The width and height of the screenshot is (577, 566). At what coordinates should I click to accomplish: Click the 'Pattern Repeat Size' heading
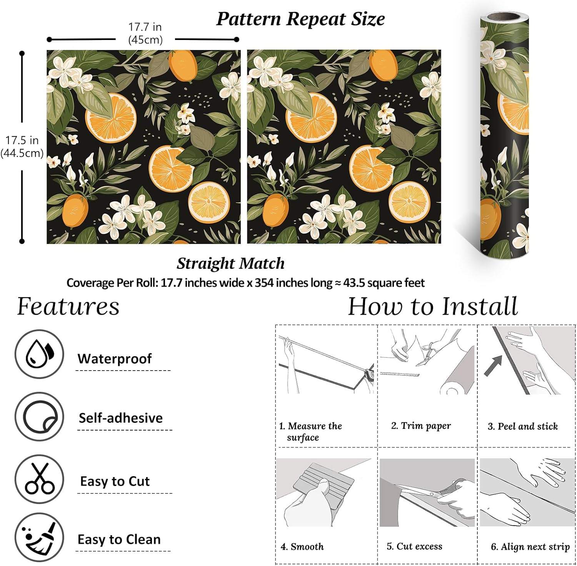tap(300, 19)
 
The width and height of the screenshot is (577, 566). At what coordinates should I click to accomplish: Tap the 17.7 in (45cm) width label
tap(145, 33)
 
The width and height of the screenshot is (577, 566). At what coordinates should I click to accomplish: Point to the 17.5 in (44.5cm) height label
tap(22, 147)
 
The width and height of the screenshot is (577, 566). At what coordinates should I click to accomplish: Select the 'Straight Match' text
tap(230, 264)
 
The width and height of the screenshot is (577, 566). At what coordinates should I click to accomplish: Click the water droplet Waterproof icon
tap(39, 354)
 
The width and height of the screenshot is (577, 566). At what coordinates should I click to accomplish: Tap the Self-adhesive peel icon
tap(39, 417)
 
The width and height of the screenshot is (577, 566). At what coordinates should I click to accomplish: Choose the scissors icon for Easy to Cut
tap(39, 479)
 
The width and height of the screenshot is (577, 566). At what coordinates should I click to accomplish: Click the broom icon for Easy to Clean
tap(39, 538)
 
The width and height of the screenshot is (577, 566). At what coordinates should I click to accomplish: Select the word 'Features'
tap(68, 307)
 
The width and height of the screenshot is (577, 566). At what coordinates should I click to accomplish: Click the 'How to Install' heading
tap(433, 307)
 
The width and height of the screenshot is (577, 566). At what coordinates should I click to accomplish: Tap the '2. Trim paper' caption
tap(421, 426)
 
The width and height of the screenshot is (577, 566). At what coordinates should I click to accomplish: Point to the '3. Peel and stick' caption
tap(522, 426)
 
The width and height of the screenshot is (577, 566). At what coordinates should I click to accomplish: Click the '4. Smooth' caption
tap(302, 546)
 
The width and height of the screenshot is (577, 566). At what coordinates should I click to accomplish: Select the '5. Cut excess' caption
tap(414, 546)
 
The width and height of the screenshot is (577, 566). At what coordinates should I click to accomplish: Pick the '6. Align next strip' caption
tap(530, 547)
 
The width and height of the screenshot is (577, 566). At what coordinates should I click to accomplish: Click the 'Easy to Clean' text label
tap(119, 539)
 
